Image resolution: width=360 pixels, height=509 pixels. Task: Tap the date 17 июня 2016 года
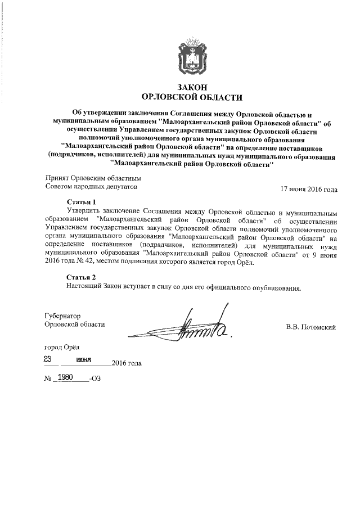(x=309, y=189)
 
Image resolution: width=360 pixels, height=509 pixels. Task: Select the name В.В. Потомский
(x=311, y=327)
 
